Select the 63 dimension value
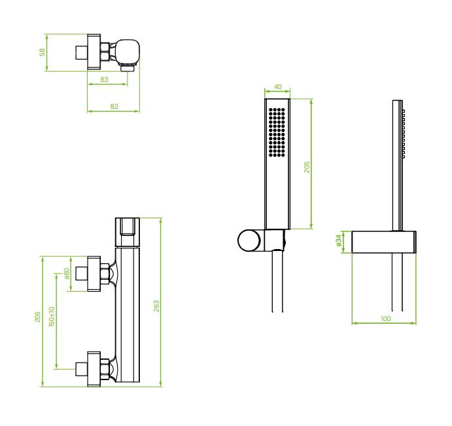(105, 79)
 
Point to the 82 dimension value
(114, 106)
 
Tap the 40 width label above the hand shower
(277, 87)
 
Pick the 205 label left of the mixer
(37, 317)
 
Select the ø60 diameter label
(67, 273)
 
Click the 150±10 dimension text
(52, 317)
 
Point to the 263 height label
(156, 306)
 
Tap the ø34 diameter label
(339, 241)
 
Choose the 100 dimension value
(385, 317)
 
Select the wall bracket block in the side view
(384, 241)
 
